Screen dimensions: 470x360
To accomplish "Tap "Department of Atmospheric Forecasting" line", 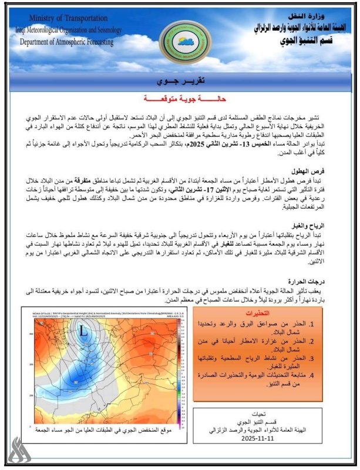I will [66, 42].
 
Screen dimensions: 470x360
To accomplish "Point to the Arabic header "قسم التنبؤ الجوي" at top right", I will [305, 39].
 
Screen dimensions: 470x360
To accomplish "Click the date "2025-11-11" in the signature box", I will [258, 438].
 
